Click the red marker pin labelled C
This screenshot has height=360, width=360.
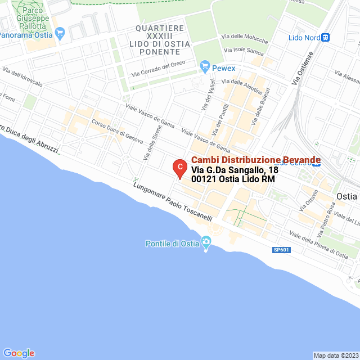(x=179, y=168)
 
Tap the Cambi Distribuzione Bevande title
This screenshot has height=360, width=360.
(x=256, y=160)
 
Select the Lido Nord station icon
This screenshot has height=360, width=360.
(x=325, y=38)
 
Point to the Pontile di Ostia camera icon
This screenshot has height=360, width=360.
(x=206, y=244)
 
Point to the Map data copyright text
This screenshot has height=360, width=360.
(x=335, y=355)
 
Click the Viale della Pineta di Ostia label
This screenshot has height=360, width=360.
(x=318, y=245)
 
